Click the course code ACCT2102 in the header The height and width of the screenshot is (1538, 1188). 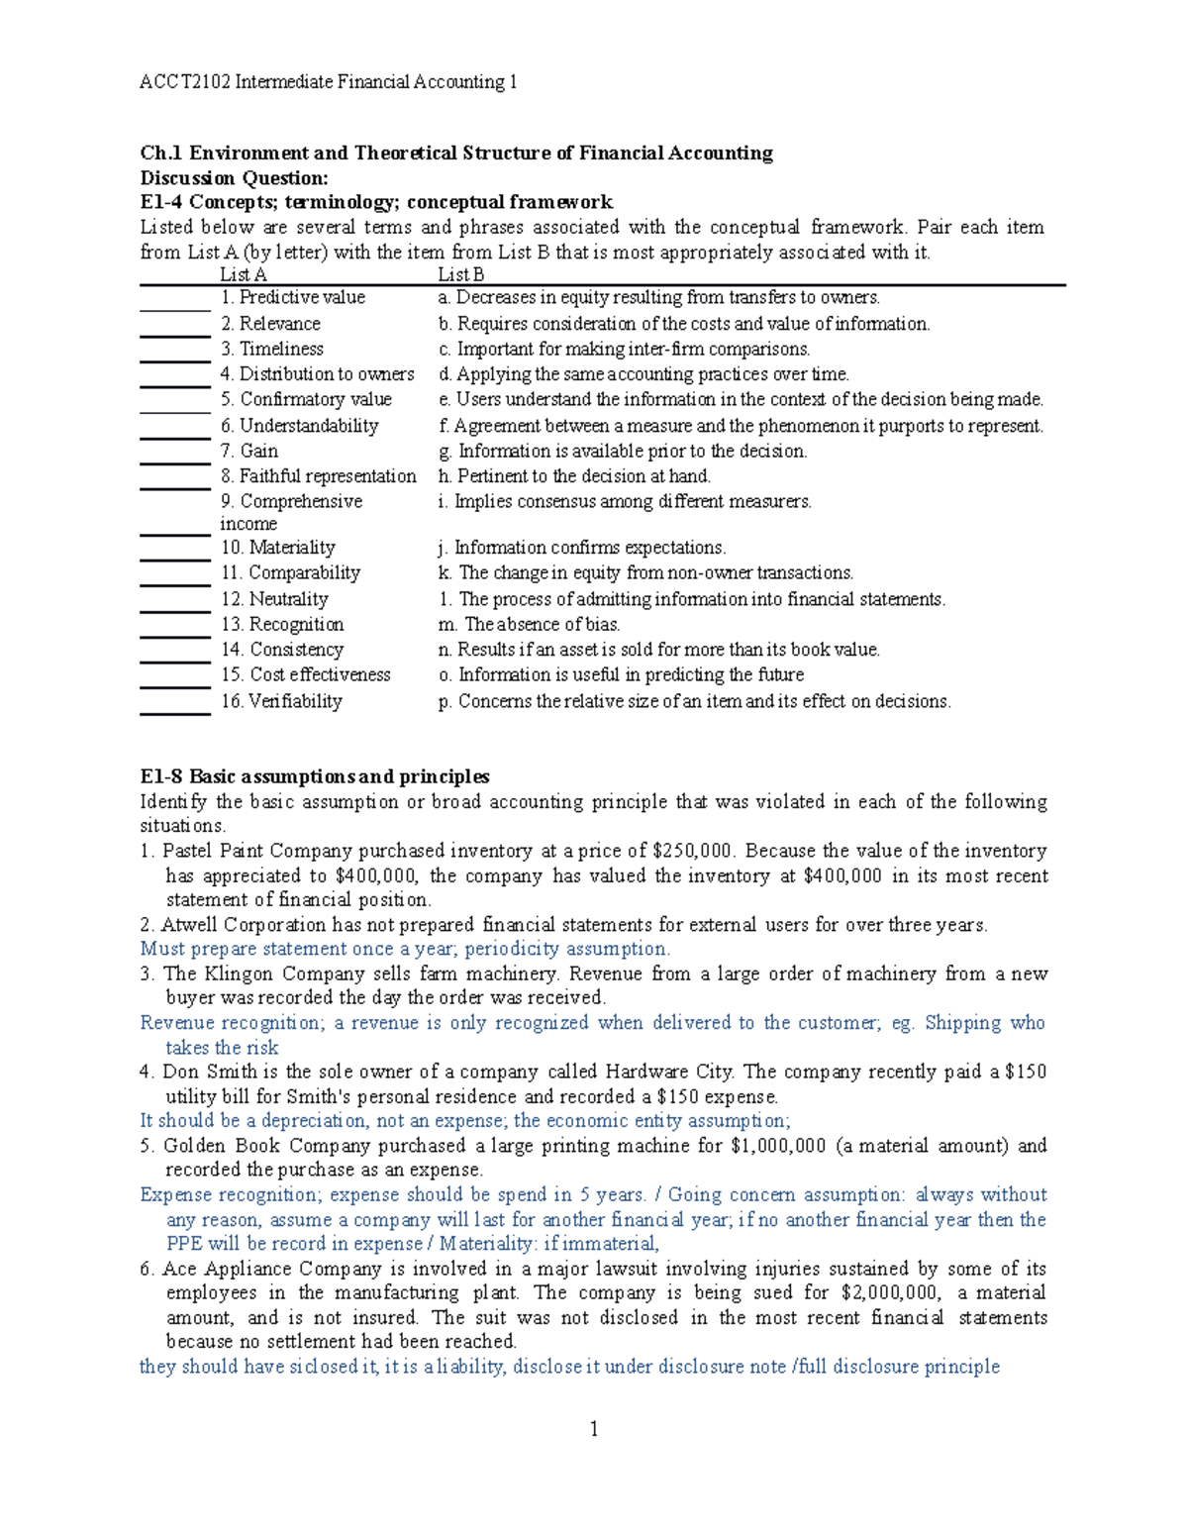(x=184, y=82)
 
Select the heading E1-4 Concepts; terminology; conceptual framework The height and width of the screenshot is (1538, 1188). (x=376, y=203)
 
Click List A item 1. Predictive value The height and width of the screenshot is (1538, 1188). (x=293, y=298)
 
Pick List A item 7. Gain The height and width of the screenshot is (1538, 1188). (x=249, y=451)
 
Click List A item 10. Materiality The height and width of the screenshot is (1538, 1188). (x=278, y=548)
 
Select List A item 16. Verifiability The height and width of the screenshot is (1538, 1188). (x=281, y=701)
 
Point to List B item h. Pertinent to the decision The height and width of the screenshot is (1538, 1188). (x=574, y=476)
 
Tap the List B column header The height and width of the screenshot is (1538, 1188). (x=460, y=275)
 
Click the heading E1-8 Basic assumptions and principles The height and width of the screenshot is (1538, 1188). (x=315, y=776)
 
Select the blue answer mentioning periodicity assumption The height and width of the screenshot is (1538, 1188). (x=405, y=949)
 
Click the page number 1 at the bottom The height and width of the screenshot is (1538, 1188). (x=594, y=1429)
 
